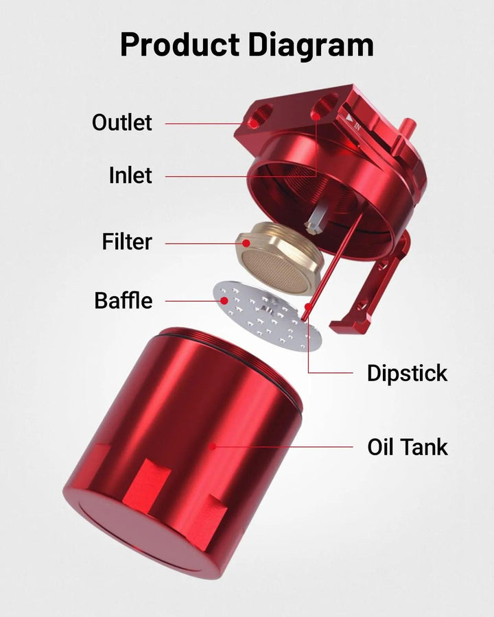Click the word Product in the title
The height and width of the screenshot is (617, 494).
[x=180, y=45]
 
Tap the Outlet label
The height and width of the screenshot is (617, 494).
[x=121, y=123]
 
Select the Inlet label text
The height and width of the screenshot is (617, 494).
[x=130, y=175]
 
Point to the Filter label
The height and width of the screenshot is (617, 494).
[x=127, y=241]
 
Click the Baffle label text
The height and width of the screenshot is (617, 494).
[x=123, y=300]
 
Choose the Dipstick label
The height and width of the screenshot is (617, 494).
[x=408, y=374]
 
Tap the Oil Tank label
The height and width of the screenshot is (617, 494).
[x=408, y=447]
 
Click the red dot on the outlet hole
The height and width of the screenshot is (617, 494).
[x=255, y=123]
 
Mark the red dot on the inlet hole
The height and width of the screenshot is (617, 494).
[x=316, y=116]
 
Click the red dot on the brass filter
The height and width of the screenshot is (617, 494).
[x=246, y=243]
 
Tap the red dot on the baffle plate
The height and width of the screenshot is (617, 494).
[x=224, y=301]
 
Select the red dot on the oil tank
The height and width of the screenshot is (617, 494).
[x=213, y=446]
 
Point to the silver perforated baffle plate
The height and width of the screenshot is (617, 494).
[x=267, y=315]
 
